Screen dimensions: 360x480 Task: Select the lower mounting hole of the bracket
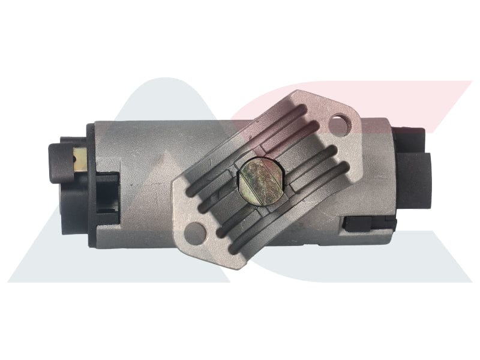[194, 230]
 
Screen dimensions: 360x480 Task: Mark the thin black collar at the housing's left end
[90, 180]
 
